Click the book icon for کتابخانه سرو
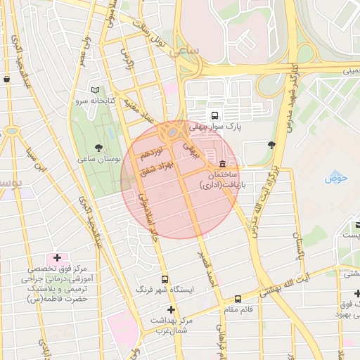click(x=96, y=90)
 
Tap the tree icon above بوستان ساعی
click(x=98, y=148)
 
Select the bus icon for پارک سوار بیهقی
click(x=214, y=116)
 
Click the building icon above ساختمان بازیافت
click(x=223, y=164)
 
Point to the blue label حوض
click(x=336, y=178)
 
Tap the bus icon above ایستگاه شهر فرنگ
click(x=165, y=279)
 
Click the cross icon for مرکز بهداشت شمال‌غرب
click(x=170, y=309)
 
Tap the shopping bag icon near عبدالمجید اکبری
click(x=7, y=79)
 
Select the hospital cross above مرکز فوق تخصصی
click(x=57, y=258)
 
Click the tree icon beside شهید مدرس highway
click(x=271, y=145)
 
